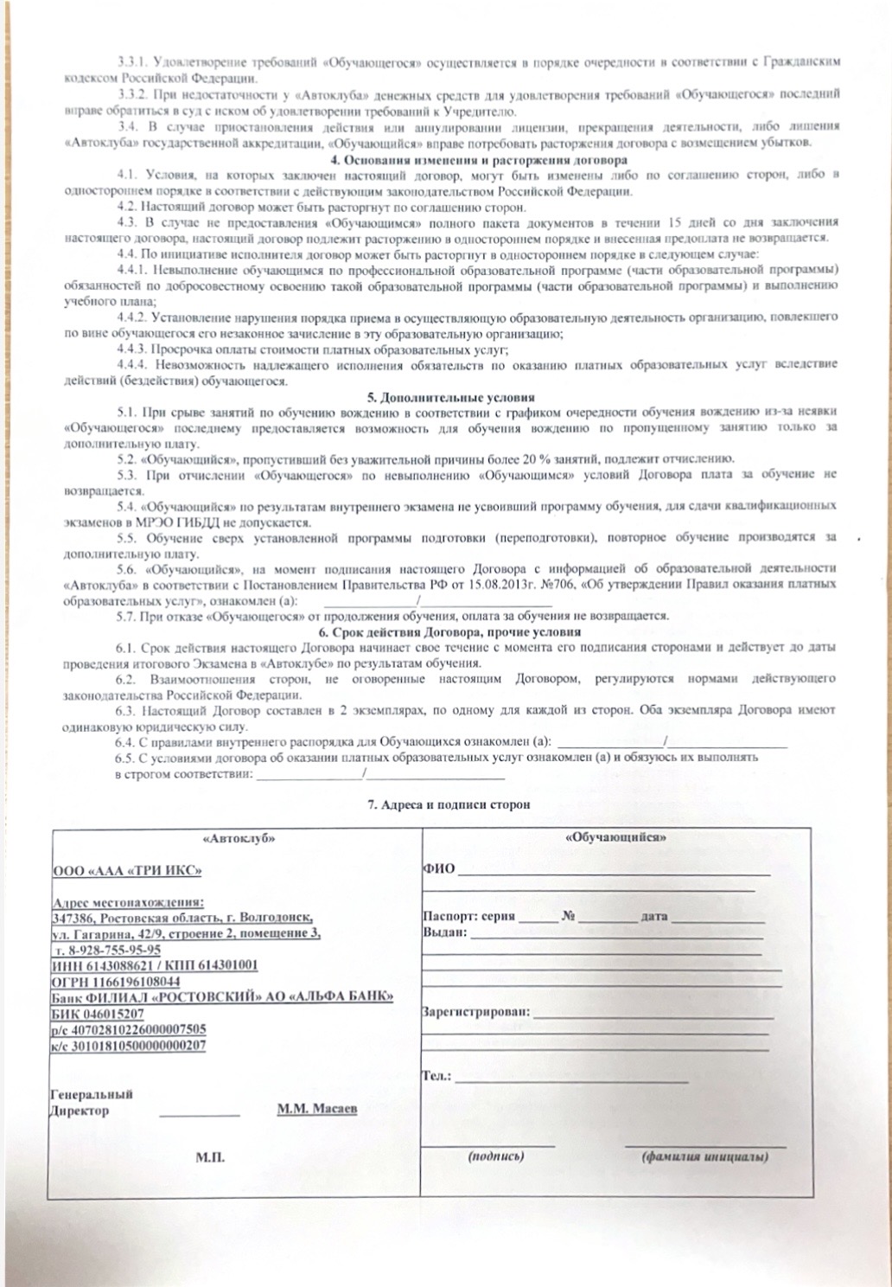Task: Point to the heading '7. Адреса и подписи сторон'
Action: (449, 804)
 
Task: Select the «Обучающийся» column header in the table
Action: (615, 838)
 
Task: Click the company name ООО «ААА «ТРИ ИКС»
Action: (127, 870)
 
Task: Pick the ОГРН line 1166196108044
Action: (117, 981)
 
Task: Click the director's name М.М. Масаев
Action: (316, 1109)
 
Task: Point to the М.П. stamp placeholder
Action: (209, 1157)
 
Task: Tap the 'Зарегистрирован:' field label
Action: (476, 1011)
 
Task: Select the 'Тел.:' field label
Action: (436, 1076)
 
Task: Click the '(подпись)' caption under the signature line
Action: (495, 1156)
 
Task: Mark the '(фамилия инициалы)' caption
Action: (704, 1156)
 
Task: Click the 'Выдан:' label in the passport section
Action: (445, 932)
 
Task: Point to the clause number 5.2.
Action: (127, 458)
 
